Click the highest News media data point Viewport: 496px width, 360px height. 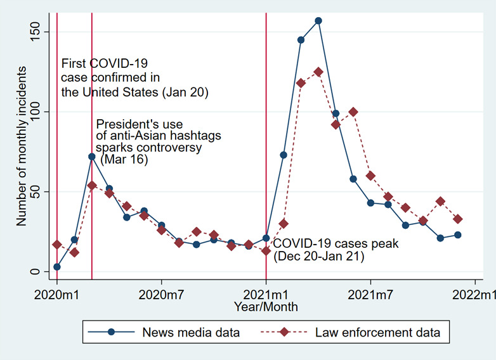coord(318,21)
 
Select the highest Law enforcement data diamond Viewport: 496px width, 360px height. coord(318,72)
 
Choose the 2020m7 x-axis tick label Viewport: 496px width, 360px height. coord(162,295)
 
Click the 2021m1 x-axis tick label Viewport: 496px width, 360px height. coord(266,295)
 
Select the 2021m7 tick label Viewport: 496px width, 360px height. coord(371,295)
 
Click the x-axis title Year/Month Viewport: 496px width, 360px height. coord(266,307)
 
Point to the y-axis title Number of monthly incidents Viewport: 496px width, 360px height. coord(21,150)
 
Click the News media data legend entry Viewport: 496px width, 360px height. coord(191,332)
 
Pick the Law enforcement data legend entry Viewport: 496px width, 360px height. coord(379,332)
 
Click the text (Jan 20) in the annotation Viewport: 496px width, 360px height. coord(185,93)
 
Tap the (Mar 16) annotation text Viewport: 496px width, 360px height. coord(124,160)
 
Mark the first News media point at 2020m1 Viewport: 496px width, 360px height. coord(57,267)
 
